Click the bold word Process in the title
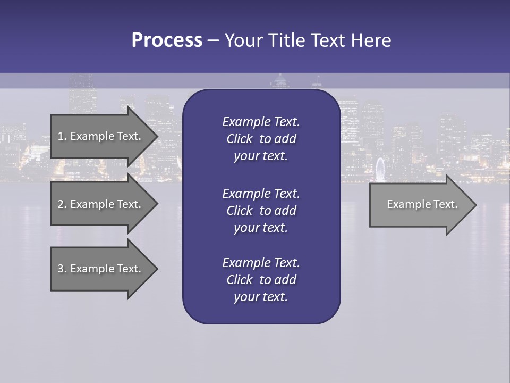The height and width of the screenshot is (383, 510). pyautogui.click(x=167, y=40)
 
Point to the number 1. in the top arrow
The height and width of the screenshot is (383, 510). pyautogui.click(x=62, y=136)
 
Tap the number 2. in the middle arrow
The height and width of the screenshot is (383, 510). pyautogui.click(x=62, y=204)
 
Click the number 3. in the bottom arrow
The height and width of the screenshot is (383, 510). pyautogui.click(x=62, y=269)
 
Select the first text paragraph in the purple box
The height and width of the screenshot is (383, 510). pyautogui.click(x=261, y=139)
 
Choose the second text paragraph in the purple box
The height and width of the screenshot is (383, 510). pyautogui.click(x=261, y=211)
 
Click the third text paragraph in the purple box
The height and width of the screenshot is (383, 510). pyautogui.click(x=261, y=280)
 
